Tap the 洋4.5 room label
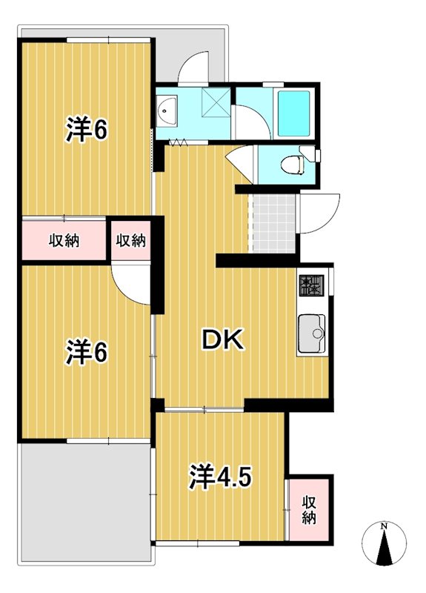pyautogui.click(x=219, y=475)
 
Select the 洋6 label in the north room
pyautogui.click(x=87, y=130)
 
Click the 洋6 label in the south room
pyautogui.click(x=87, y=351)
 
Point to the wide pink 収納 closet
pyautogui.click(x=64, y=240)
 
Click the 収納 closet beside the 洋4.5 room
pyautogui.click(x=307, y=510)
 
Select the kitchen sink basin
pyautogui.click(x=311, y=336)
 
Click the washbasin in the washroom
pyautogui.click(x=165, y=111)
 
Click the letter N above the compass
pyautogui.click(x=383, y=526)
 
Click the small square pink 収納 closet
pyautogui.click(x=130, y=240)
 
